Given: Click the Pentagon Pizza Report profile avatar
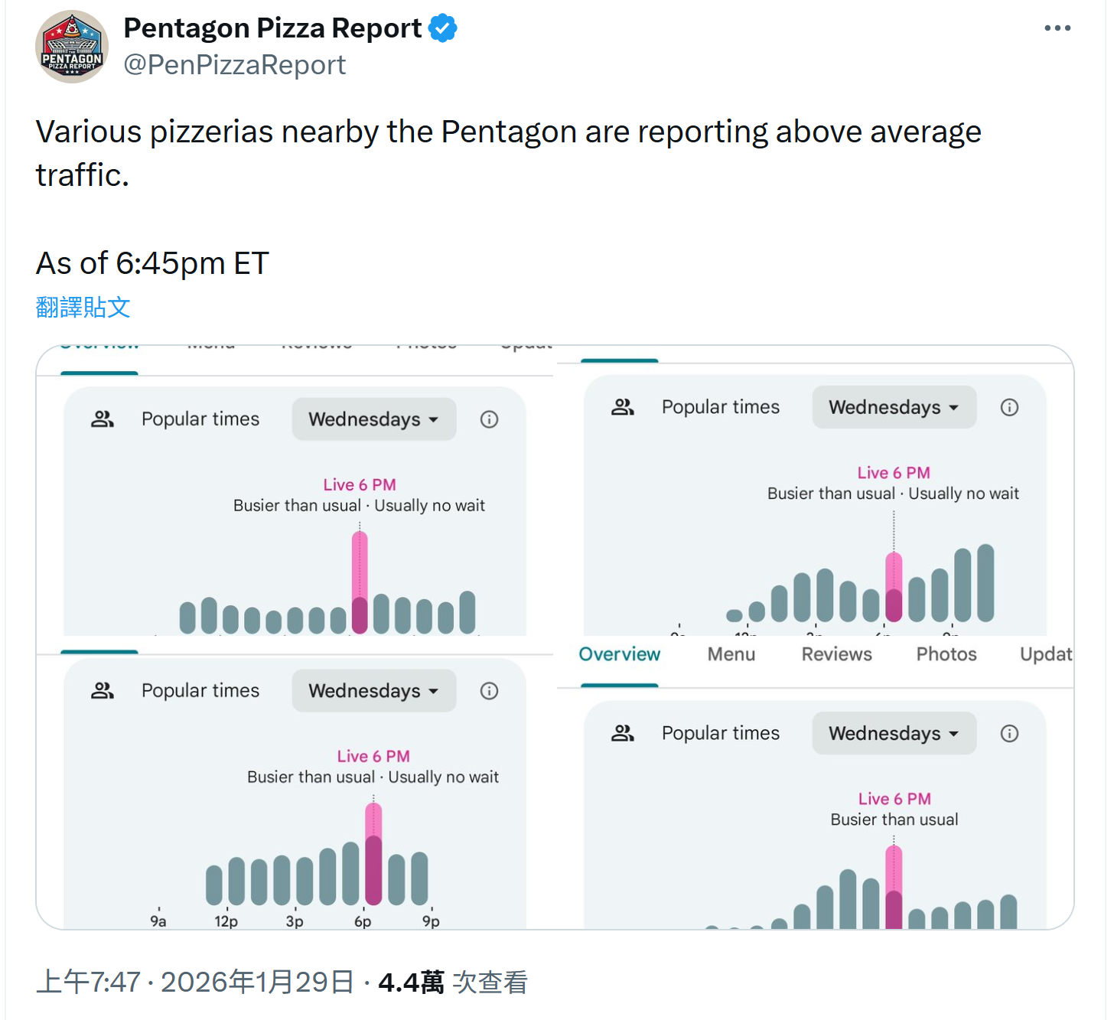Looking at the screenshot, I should click(x=72, y=47).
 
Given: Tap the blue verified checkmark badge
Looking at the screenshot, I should click(x=443, y=28).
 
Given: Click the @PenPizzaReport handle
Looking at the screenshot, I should click(x=235, y=65).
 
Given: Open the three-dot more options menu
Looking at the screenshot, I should click(x=1057, y=28).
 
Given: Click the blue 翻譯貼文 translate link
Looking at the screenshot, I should click(x=83, y=307).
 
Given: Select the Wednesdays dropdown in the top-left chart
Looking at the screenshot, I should click(x=373, y=419).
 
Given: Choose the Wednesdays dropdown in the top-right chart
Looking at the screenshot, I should click(x=894, y=407).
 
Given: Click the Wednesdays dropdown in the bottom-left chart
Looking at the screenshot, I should click(x=373, y=691).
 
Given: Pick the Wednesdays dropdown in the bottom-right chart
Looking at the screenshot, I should click(x=894, y=733).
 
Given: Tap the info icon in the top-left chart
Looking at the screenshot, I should click(x=489, y=419).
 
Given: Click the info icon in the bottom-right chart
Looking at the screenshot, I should click(x=1009, y=734).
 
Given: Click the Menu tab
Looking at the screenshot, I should click(x=731, y=654).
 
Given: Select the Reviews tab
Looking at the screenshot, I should click(x=836, y=654).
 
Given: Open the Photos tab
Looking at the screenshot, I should click(x=946, y=654).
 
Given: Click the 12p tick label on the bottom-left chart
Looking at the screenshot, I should click(x=226, y=921).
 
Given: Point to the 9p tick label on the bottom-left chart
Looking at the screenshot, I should click(x=431, y=921).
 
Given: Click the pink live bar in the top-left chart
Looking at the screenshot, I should click(x=360, y=566).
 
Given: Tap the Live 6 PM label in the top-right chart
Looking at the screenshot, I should click(x=894, y=473).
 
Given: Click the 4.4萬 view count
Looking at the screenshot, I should click(x=411, y=983).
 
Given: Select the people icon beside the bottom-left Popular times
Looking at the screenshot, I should click(x=103, y=691).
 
